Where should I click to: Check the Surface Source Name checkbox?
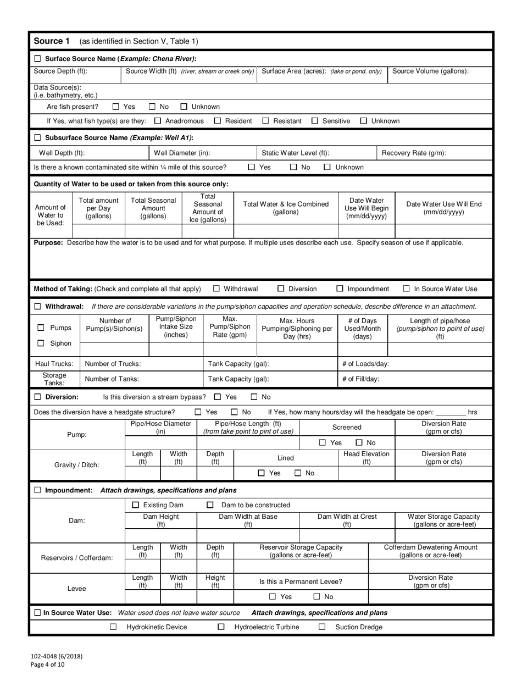pyautogui.click(x=38, y=59)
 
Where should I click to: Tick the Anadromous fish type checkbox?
pyautogui.click(x=158, y=121)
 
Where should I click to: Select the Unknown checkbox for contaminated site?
pyautogui.click(x=327, y=167)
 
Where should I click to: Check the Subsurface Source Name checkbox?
pyautogui.click(x=38, y=137)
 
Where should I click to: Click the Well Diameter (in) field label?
pyautogui.click(x=181, y=153)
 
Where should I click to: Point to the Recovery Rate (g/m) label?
pyautogui.click(x=414, y=153)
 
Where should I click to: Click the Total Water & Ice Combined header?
pyautogui.click(x=286, y=208)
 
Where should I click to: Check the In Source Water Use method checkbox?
pyautogui.click(x=407, y=289)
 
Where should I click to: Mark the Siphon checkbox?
pyautogui.click(x=41, y=343)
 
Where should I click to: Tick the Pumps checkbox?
pyautogui.click(x=41, y=328)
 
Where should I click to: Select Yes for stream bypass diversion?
pyautogui.click(x=217, y=397)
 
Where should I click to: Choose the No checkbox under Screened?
pyautogui.click(x=359, y=442)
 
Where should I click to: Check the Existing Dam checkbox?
pyautogui.click(x=136, y=505)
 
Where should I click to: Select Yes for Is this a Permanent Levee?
pyautogui.click(x=273, y=597)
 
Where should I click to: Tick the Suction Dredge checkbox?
pyautogui.click(x=322, y=627)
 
